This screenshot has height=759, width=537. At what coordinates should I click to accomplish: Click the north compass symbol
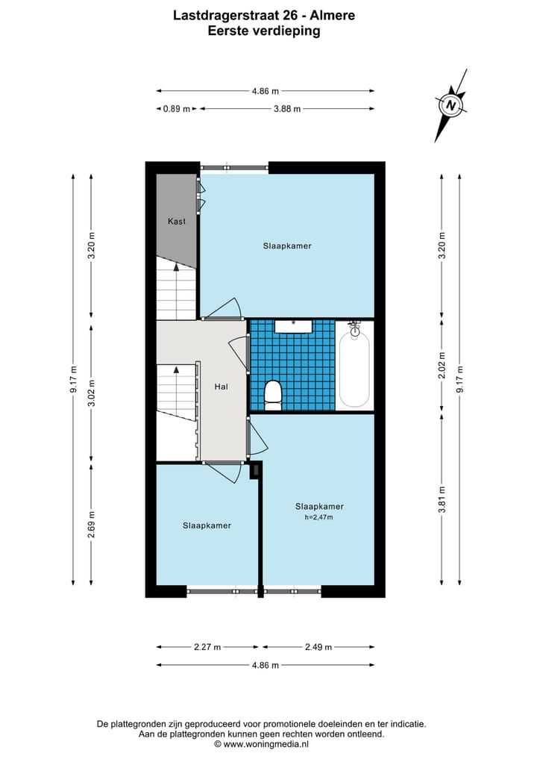(x=450, y=105)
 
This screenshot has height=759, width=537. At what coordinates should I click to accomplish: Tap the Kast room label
(x=176, y=221)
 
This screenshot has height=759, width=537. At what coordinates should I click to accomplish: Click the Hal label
(x=221, y=387)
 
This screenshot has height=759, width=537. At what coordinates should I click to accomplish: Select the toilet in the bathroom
(x=273, y=394)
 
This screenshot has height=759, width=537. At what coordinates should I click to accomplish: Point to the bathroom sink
(x=293, y=325)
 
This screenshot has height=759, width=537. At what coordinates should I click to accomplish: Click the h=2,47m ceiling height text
(x=318, y=517)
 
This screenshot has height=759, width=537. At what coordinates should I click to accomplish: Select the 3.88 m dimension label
(x=287, y=109)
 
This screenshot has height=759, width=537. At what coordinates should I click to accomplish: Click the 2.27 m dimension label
(x=207, y=647)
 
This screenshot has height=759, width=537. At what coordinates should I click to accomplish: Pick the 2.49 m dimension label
(x=318, y=647)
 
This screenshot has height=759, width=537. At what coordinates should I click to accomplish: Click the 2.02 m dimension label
(x=442, y=366)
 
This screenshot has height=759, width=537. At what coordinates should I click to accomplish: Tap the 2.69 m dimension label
(x=92, y=525)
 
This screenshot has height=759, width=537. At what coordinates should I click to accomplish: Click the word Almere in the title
(x=334, y=14)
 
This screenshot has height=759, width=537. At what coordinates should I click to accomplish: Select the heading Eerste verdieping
(x=264, y=31)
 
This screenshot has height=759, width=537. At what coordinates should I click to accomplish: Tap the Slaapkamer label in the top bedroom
(x=286, y=246)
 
